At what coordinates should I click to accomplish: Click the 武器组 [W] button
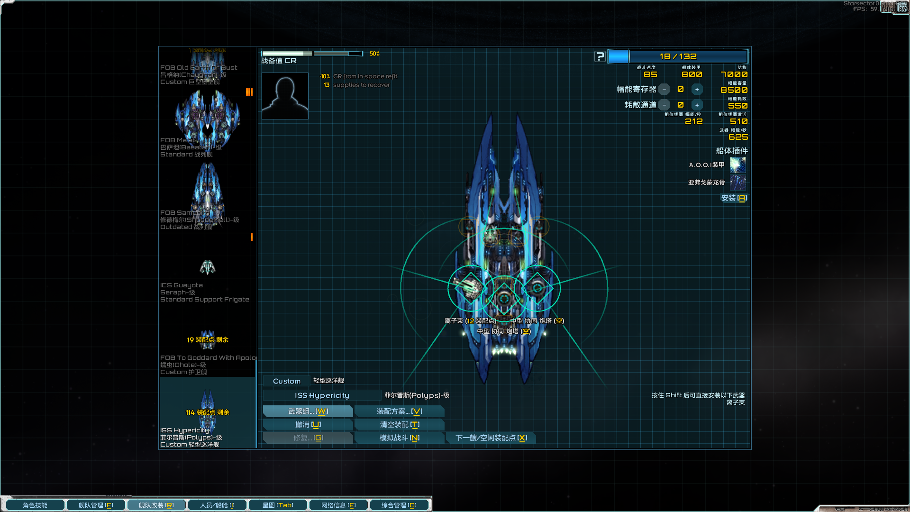[308, 411]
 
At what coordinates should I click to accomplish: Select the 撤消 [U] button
[308, 425]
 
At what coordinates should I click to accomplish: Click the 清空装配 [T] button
[399, 425]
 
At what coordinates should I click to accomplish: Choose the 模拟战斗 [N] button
[399, 438]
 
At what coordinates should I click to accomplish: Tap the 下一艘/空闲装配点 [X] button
[491, 438]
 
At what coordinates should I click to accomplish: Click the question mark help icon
[600, 56]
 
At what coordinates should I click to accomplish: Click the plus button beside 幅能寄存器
[697, 90]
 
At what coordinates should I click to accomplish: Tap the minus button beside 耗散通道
[664, 105]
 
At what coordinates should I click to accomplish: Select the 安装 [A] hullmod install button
[733, 198]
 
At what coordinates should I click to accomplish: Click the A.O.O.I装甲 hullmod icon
[737, 165]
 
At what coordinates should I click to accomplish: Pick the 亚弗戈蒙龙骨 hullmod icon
[737, 183]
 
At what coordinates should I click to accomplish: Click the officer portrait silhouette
[285, 96]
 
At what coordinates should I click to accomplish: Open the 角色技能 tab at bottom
[35, 505]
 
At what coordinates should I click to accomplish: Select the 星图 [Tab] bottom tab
[278, 505]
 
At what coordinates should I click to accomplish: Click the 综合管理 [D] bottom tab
[399, 505]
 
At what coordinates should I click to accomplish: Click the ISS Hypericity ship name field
[322, 395]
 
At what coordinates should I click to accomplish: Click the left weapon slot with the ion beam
[469, 288]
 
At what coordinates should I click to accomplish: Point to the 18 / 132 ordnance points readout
[678, 56]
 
